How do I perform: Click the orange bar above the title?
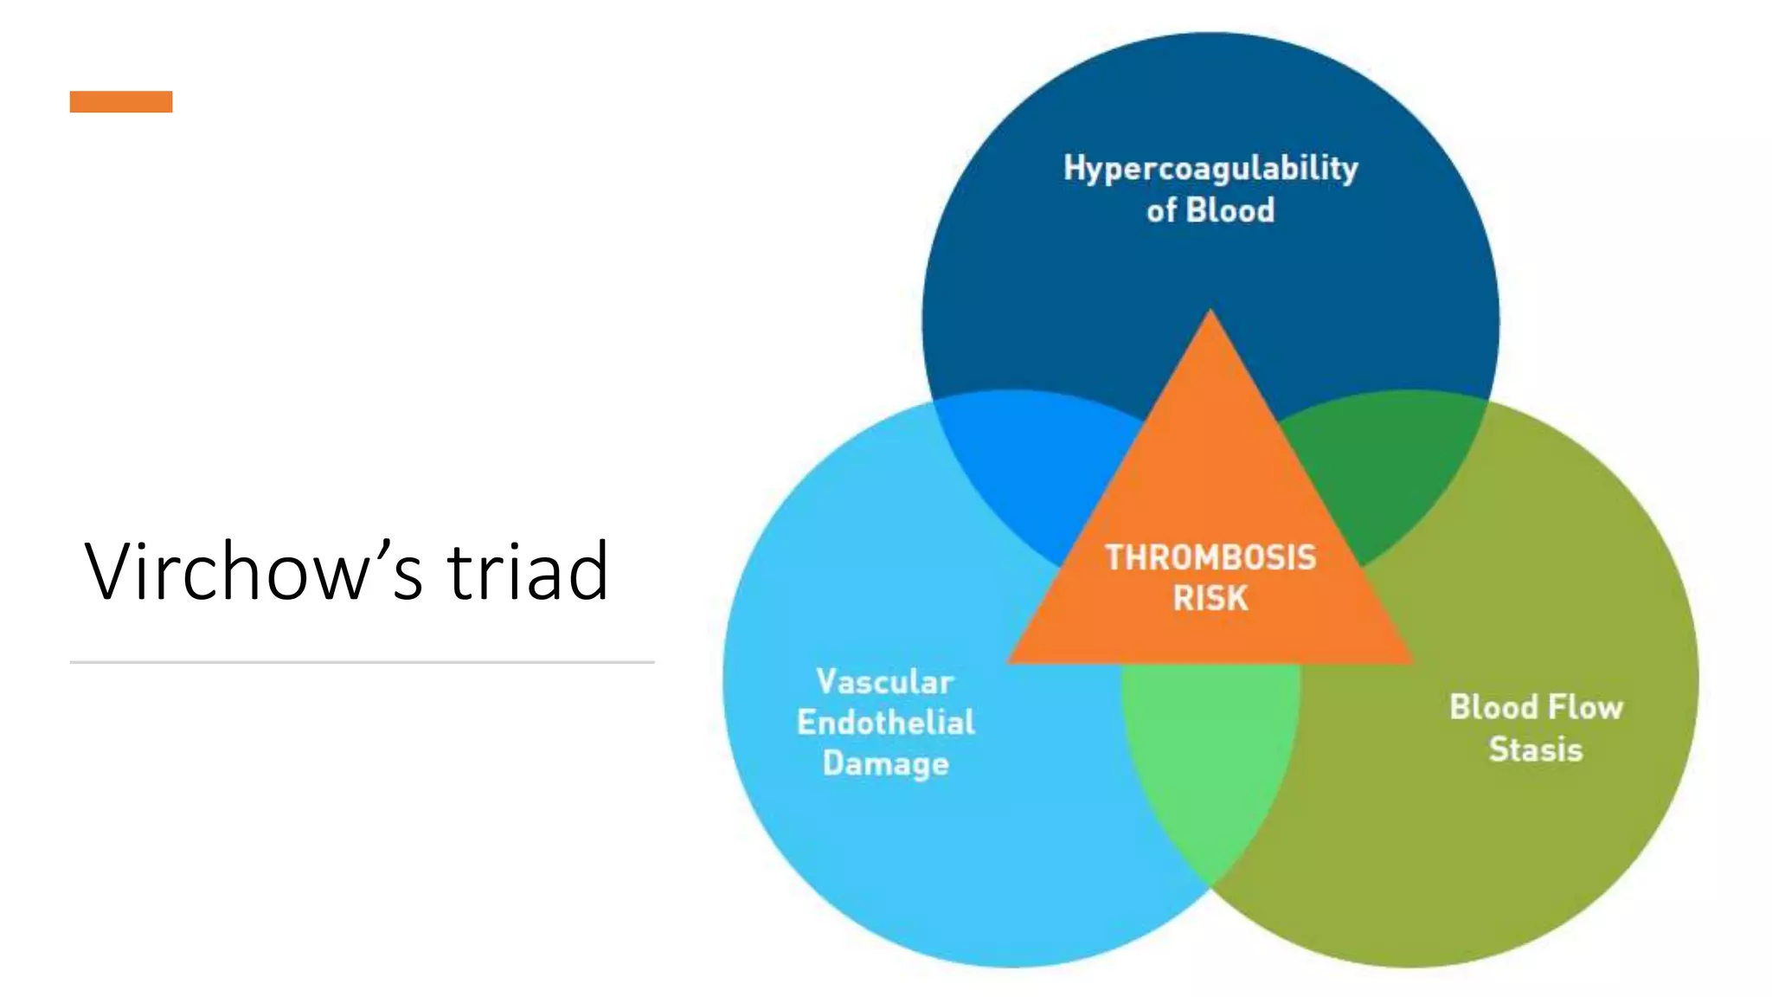coord(121,102)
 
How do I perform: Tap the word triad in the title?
coord(527,571)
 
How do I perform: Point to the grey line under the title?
coord(362,662)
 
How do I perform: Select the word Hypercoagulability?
coord(1210,168)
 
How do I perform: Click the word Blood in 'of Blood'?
coord(1229,210)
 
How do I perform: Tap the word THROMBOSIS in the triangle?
coord(1210,557)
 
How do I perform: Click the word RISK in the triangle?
coord(1210,598)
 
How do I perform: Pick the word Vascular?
coord(885,682)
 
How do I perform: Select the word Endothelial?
coord(885,723)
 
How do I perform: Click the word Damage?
coord(885,763)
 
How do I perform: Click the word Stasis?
coord(1536,749)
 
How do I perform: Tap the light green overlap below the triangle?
coord(1210,762)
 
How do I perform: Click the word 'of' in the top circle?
coord(1161,210)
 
